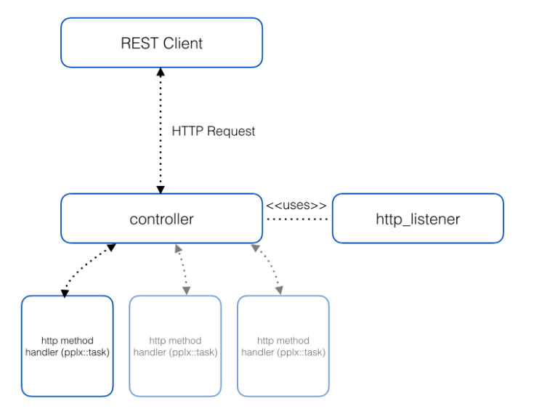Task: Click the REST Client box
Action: coord(161,43)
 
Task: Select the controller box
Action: coord(161,218)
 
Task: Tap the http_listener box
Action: coord(418,218)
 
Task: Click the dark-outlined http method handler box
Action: coord(67,346)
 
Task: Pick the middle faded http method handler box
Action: coord(175,346)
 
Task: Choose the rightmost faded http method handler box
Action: coord(283,346)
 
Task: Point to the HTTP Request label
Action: coord(214,131)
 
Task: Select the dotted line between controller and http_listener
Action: coord(298,219)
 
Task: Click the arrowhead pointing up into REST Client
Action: coord(161,73)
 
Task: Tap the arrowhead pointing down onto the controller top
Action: coord(161,189)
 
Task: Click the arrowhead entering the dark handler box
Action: coord(65,293)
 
